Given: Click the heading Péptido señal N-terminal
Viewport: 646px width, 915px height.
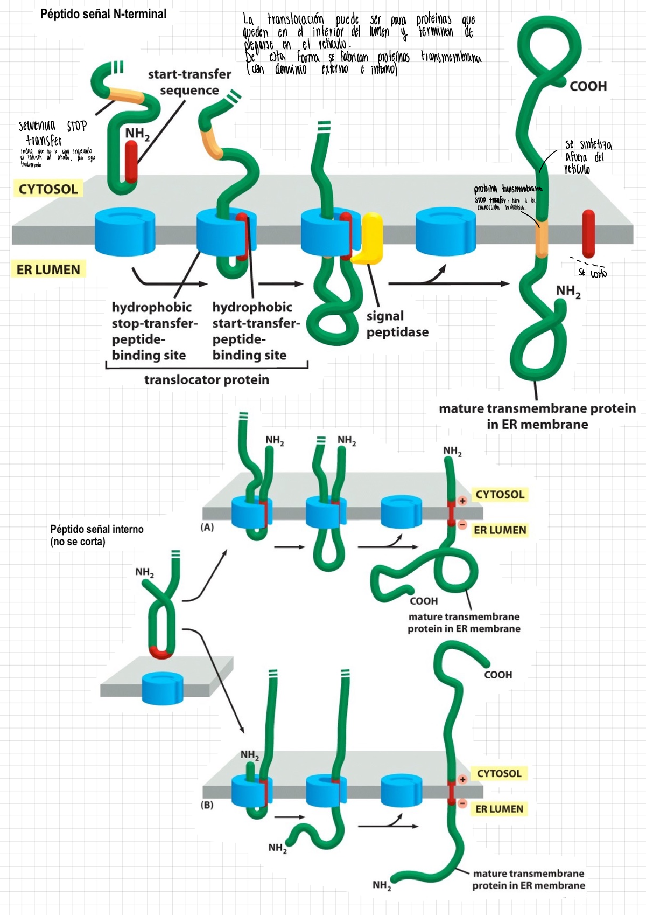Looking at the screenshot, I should click(103, 14).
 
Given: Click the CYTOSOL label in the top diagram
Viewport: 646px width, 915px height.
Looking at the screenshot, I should click(48, 189).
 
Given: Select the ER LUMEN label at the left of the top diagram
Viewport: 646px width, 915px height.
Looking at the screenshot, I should click(48, 269).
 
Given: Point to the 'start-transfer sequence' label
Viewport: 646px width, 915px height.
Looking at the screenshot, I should click(189, 82).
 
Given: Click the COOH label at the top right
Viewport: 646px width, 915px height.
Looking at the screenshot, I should click(588, 86).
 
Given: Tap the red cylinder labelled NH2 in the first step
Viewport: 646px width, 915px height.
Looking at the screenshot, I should click(131, 162).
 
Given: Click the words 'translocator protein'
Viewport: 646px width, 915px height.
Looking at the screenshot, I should click(206, 379).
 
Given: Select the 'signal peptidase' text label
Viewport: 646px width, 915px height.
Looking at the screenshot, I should click(397, 324).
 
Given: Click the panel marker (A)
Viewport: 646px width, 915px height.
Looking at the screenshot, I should click(207, 527).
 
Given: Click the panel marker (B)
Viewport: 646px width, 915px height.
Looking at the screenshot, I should click(207, 805).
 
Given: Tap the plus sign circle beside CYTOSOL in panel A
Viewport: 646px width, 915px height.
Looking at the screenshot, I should click(462, 501).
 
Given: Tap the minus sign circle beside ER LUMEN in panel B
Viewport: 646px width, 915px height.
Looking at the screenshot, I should click(462, 803).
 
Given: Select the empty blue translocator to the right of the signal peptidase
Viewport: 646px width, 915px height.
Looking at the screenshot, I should click(445, 232).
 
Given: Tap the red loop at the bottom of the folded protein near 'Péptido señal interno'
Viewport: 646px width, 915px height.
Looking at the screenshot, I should click(160, 653).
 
